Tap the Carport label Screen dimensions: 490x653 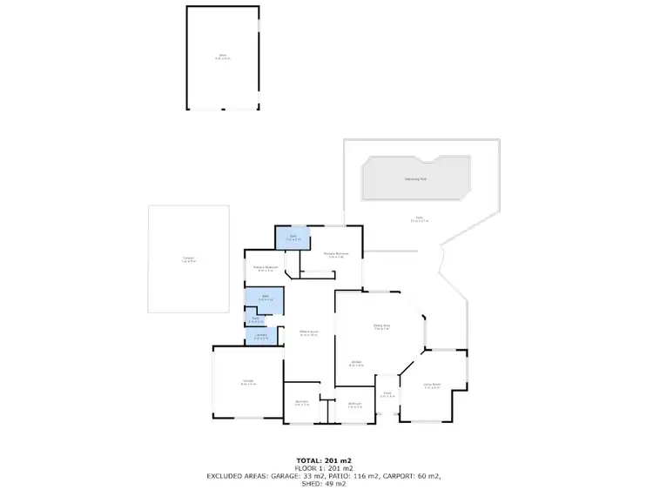tap(188, 258)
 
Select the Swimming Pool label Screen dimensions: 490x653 tap(415, 179)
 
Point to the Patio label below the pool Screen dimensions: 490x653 tap(419, 218)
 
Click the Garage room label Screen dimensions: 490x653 tap(248, 382)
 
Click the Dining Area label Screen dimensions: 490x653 tap(381, 326)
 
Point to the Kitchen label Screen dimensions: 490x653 tap(357, 363)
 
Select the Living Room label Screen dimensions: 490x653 tap(433, 386)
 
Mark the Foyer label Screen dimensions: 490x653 tap(387, 393)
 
